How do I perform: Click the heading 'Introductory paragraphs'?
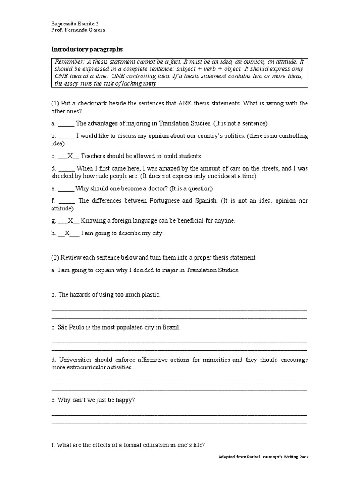(x=87, y=49)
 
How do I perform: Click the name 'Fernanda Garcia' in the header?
(x=86, y=30)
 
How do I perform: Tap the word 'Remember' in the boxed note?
(x=69, y=62)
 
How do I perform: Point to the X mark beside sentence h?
(x=67, y=233)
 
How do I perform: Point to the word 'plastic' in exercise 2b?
(x=150, y=294)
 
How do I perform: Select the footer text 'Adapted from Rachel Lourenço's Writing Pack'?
(x=264, y=457)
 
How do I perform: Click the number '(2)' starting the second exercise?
(x=56, y=258)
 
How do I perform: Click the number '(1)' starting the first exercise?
(x=56, y=103)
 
